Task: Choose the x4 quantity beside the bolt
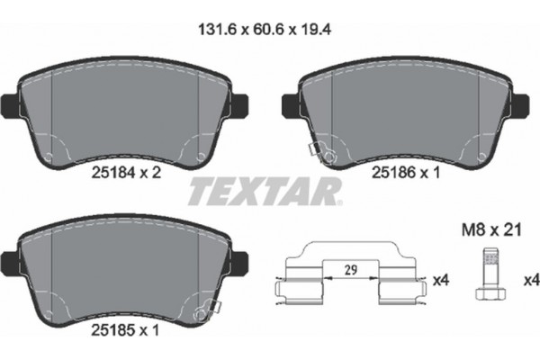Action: point(530,281)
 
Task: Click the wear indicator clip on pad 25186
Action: point(325,155)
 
